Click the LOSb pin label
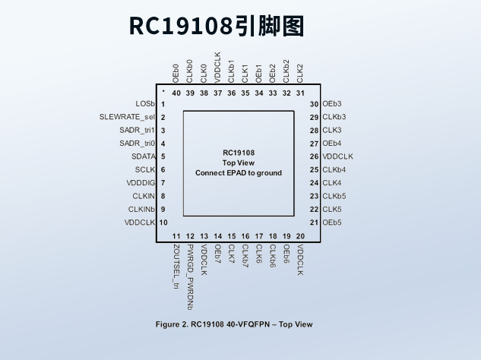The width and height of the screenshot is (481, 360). pos(145,103)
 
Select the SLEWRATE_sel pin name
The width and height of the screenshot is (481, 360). pos(127,117)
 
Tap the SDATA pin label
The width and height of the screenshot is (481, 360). pos(142,156)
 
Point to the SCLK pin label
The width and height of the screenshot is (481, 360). pos(144,169)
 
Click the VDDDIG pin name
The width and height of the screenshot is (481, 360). pos(141,183)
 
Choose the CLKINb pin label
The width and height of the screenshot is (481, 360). pos(141,209)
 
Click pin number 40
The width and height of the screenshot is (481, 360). pos(176,93)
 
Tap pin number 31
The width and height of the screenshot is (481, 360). pos(300,93)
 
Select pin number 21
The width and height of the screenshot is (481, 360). pos(314,223)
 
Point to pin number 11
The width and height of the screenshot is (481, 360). pos(176,237)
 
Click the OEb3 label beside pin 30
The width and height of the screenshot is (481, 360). pos(332,103)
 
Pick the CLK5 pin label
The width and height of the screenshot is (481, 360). pos(332,209)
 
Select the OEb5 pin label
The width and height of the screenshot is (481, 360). pos(332,223)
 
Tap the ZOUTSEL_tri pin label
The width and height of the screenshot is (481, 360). pos(176,267)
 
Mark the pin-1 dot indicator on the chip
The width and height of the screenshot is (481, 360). pos(163,90)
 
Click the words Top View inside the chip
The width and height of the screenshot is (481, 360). pos(239,163)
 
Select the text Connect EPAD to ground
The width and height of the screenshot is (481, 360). pos(239,173)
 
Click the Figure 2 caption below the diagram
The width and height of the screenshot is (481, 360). pos(234,324)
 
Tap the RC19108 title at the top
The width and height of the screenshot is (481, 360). pos(217,26)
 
